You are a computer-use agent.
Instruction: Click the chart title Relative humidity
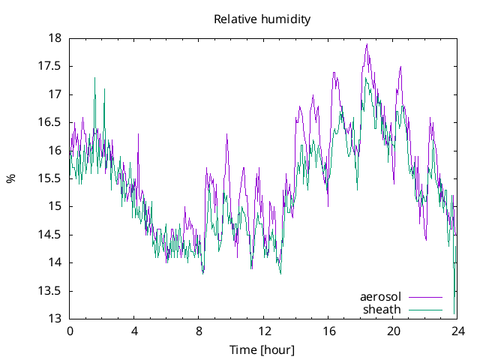coord(262,19)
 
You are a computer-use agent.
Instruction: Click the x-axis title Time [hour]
coord(262,350)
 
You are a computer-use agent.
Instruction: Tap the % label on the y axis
coord(10,178)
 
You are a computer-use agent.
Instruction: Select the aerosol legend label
coord(381,297)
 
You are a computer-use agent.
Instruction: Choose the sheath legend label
coord(382,309)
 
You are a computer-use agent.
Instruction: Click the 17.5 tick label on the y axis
coord(50,66)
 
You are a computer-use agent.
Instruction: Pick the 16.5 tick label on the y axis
coord(50,122)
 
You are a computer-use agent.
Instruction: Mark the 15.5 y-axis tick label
coord(50,178)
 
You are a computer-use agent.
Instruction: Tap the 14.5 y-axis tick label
coord(50,235)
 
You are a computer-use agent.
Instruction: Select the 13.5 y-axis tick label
coord(50,291)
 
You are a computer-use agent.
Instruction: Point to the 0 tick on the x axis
coord(70,331)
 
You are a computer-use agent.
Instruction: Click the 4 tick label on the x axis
coord(134,331)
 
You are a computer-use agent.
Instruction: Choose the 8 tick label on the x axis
coord(199,331)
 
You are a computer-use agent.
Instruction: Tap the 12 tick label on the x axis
coord(264,331)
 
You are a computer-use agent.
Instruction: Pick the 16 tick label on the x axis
coord(328,331)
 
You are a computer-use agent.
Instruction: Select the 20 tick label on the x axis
coord(394,331)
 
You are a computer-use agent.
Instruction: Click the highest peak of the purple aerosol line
coord(367,44)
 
